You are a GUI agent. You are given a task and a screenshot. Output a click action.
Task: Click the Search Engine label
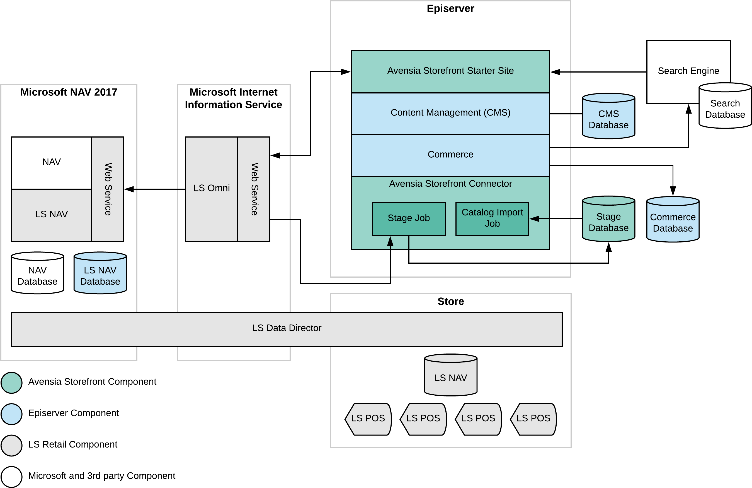688,71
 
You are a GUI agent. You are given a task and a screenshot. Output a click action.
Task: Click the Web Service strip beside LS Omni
254,189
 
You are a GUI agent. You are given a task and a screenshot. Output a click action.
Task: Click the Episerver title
450,9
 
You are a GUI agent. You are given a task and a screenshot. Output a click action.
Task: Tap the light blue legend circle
11,414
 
